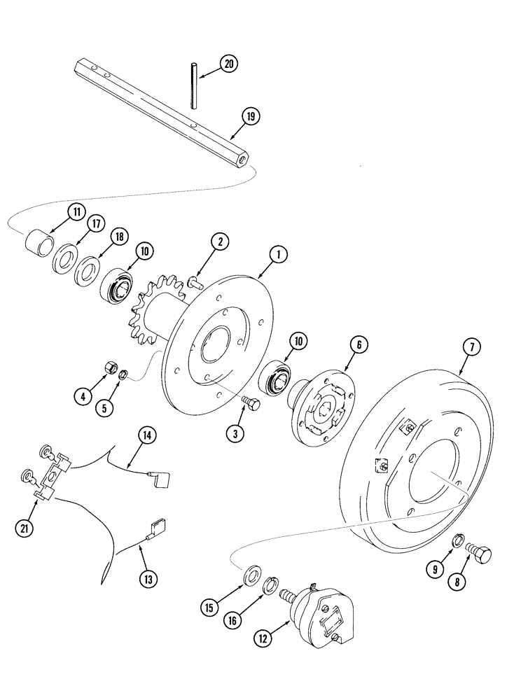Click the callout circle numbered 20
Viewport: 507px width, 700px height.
[x=228, y=64]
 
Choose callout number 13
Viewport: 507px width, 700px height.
[x=148, y=578]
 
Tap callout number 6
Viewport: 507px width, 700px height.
[x=357, y=344]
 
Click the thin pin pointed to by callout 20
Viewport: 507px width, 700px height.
[x=192, y=85]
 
